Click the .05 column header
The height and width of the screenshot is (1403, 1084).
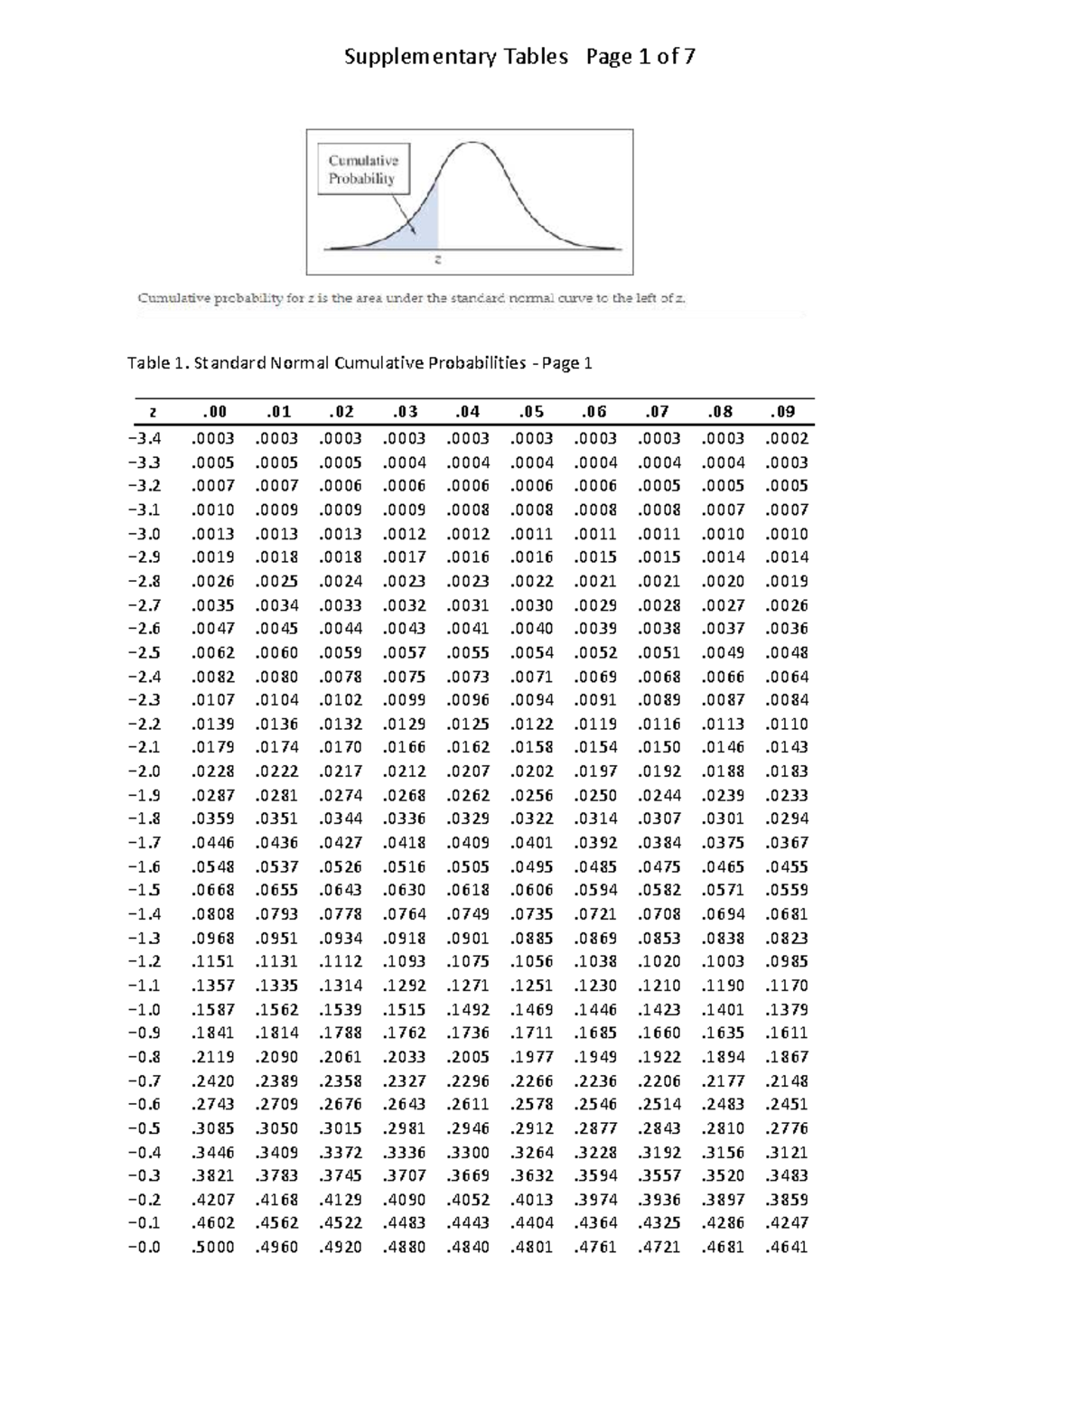click(x=531, y=412)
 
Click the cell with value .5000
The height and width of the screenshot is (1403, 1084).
click(x=212, y=1248)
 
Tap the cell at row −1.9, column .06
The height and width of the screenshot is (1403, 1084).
click(x=595, y=796)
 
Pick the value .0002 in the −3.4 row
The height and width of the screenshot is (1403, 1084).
click(x=786, y=439)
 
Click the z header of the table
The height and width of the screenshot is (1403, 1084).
click(x=153, y=412)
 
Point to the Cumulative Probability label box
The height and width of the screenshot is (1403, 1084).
click(x=362, y=169)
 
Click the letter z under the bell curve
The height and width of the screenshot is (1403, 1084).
click(x=438, y=259)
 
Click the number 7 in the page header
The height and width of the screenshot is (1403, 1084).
click(x=689, y=57)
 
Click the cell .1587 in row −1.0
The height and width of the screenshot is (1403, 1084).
click(x=212, y=1010)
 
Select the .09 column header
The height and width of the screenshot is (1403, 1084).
click(x=782, y=412)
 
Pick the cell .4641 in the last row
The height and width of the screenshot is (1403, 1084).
click(x=786, y=1248)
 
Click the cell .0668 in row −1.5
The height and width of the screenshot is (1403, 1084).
click(x=212, y=891)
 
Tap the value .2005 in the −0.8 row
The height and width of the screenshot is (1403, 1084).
click(x=468, y=1057)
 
